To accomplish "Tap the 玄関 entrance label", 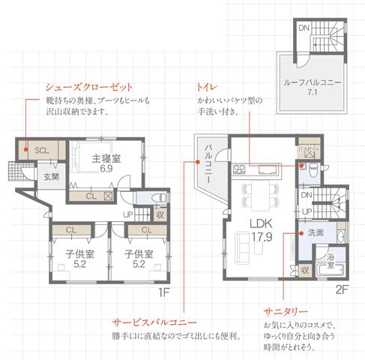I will coord(51,177).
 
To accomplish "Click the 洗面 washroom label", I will coord(316,233).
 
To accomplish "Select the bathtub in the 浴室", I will coord(328,268).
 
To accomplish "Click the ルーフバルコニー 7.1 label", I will coord(313,88).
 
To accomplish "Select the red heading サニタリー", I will coord(286,310).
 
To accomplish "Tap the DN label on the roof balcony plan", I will coord(304,28).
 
